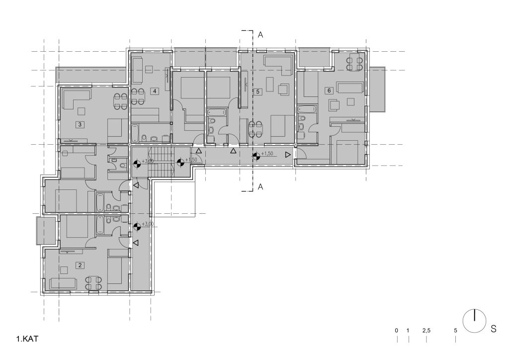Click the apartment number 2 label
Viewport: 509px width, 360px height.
click(80, 266)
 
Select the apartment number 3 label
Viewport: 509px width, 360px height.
click(80, 124)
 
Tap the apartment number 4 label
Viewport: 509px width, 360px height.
click(155, 91)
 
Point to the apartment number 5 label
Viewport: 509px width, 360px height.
click(258, 91)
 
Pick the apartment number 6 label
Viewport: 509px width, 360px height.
click(329, 90)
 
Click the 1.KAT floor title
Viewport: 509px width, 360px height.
click(27, 339)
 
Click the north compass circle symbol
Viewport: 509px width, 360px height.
click(474, 321)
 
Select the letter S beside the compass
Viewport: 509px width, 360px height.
click(494, 329)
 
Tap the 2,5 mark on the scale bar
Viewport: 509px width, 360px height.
click(426, 331)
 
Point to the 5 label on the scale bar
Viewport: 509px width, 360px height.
click(455, 331)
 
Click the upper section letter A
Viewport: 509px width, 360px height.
click(260, 35)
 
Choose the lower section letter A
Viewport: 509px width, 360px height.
click(260, 186)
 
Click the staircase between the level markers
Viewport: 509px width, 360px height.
click(161, 162)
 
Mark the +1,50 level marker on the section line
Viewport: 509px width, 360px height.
click(256, 156)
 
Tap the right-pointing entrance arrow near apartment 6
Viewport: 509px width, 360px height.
click(288, 155)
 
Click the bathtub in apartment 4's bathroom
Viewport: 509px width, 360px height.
click(135, 133)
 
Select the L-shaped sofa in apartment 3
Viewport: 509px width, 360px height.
click(77, 99)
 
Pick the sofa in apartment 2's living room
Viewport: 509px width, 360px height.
click(63, 284)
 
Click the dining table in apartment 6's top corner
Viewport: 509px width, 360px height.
click(354, 64)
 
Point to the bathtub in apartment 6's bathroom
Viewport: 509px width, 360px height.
click(306, 109)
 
